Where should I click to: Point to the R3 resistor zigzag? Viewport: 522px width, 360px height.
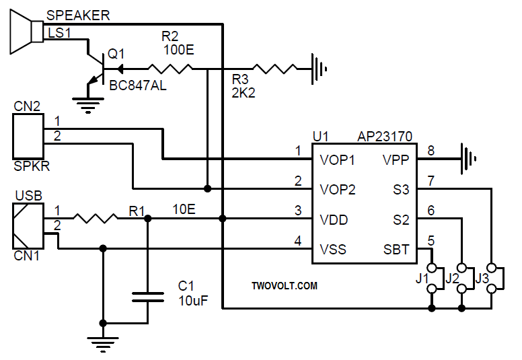tap(273, 68)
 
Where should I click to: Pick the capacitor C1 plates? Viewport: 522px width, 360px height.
tap(148, 298)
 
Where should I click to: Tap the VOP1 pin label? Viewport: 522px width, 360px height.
tap(338, 160)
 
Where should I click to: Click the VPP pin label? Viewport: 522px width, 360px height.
tap(396, 160)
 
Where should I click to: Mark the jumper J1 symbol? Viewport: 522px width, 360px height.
tap(431, 276)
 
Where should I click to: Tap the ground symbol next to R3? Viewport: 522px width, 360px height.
tap(319, 68)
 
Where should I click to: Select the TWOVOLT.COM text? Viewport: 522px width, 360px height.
tap(284, 286)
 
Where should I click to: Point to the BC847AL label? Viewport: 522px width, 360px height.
tap(138, 86)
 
